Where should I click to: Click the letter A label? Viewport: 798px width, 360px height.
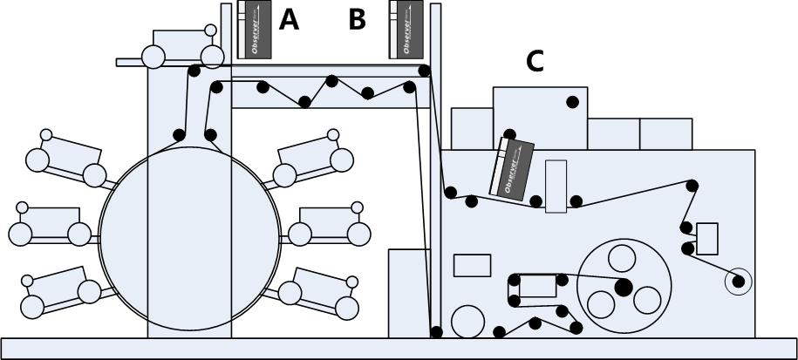[x=289, y=19]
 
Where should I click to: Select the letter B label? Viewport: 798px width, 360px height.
[x=357, y=19]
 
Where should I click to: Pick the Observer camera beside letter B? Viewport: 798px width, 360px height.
[x=406, y=30]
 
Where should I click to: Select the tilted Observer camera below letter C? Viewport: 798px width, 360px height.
[x=514, y=168]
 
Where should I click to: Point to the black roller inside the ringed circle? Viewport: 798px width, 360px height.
[x=739, y=281]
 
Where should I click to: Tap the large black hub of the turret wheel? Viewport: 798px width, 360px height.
[x=623, y=287]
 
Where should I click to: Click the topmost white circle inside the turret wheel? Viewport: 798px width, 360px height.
[x=622, y=259]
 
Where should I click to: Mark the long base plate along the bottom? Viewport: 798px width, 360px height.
[x=399, y=349]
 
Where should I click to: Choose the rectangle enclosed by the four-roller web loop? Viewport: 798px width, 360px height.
[x=537, y=286]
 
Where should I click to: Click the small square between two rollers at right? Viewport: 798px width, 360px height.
[x=707, y=238]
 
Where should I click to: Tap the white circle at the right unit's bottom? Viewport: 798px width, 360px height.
[x=468, y=320]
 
